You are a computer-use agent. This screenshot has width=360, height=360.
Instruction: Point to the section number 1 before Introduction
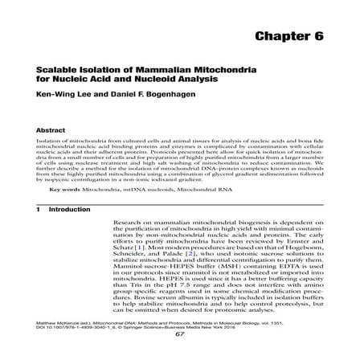coord(38,209)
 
